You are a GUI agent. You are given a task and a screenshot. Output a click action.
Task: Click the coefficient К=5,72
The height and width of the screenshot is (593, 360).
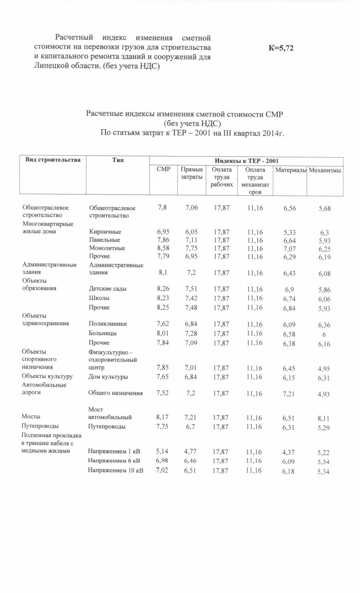pyautogui.click(x=281, y=48)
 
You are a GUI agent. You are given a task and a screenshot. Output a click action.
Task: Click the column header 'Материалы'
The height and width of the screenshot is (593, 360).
pyautogui.click(x=291, y=170)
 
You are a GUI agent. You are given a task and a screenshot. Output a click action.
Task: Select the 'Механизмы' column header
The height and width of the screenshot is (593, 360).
pyautogui.click(x=325, y=170)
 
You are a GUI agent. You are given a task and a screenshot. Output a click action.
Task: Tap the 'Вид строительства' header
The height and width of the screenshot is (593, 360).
pyautogui.click(x=53, y=160)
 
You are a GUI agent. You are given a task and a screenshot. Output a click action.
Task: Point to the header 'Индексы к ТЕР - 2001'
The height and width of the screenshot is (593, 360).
pyautogui.click(x=246, y=161)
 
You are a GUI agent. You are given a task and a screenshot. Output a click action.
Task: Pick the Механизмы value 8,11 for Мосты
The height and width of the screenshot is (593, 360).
pyautogui.click(x=323, y=418)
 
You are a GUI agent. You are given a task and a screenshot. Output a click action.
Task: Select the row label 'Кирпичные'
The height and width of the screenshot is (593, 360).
pyautogui.click(x=105, y=232)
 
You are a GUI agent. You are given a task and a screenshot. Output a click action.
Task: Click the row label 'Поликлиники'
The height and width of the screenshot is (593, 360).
pyautogui.click(x=108, y=323)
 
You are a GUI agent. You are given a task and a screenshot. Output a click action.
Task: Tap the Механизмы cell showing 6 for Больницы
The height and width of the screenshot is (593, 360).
pyautogui.click(x=324, y=334)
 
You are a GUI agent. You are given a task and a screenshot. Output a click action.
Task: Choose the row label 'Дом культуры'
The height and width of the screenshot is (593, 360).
pyautogui.click(x=108, y=377)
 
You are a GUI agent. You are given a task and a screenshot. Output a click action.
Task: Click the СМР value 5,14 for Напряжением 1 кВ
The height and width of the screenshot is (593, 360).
pyautogui.click(x=162, y=451)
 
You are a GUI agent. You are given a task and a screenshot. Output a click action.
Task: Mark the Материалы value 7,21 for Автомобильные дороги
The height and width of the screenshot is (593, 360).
pyautogui.click(x=289, y=394)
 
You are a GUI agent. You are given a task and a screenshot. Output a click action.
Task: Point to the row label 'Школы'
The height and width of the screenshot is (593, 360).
pyautogui.click(x=99, y=298)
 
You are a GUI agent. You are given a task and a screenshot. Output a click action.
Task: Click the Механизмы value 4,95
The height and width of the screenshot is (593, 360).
pyautogui.click(x=323, y=369)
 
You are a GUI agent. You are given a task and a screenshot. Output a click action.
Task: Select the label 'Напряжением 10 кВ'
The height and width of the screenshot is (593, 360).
pyautogui.click(x=115, y=470)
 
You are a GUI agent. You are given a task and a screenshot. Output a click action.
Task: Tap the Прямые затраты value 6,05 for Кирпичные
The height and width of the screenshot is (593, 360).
pyautogui.click(x=191, y=232)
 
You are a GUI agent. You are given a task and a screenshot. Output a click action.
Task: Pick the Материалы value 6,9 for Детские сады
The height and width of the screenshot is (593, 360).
pyautogui.click(x=289, y=290)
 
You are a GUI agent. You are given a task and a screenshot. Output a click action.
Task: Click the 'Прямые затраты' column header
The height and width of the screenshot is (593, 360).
pyautogui.click(x=192, y=173)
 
